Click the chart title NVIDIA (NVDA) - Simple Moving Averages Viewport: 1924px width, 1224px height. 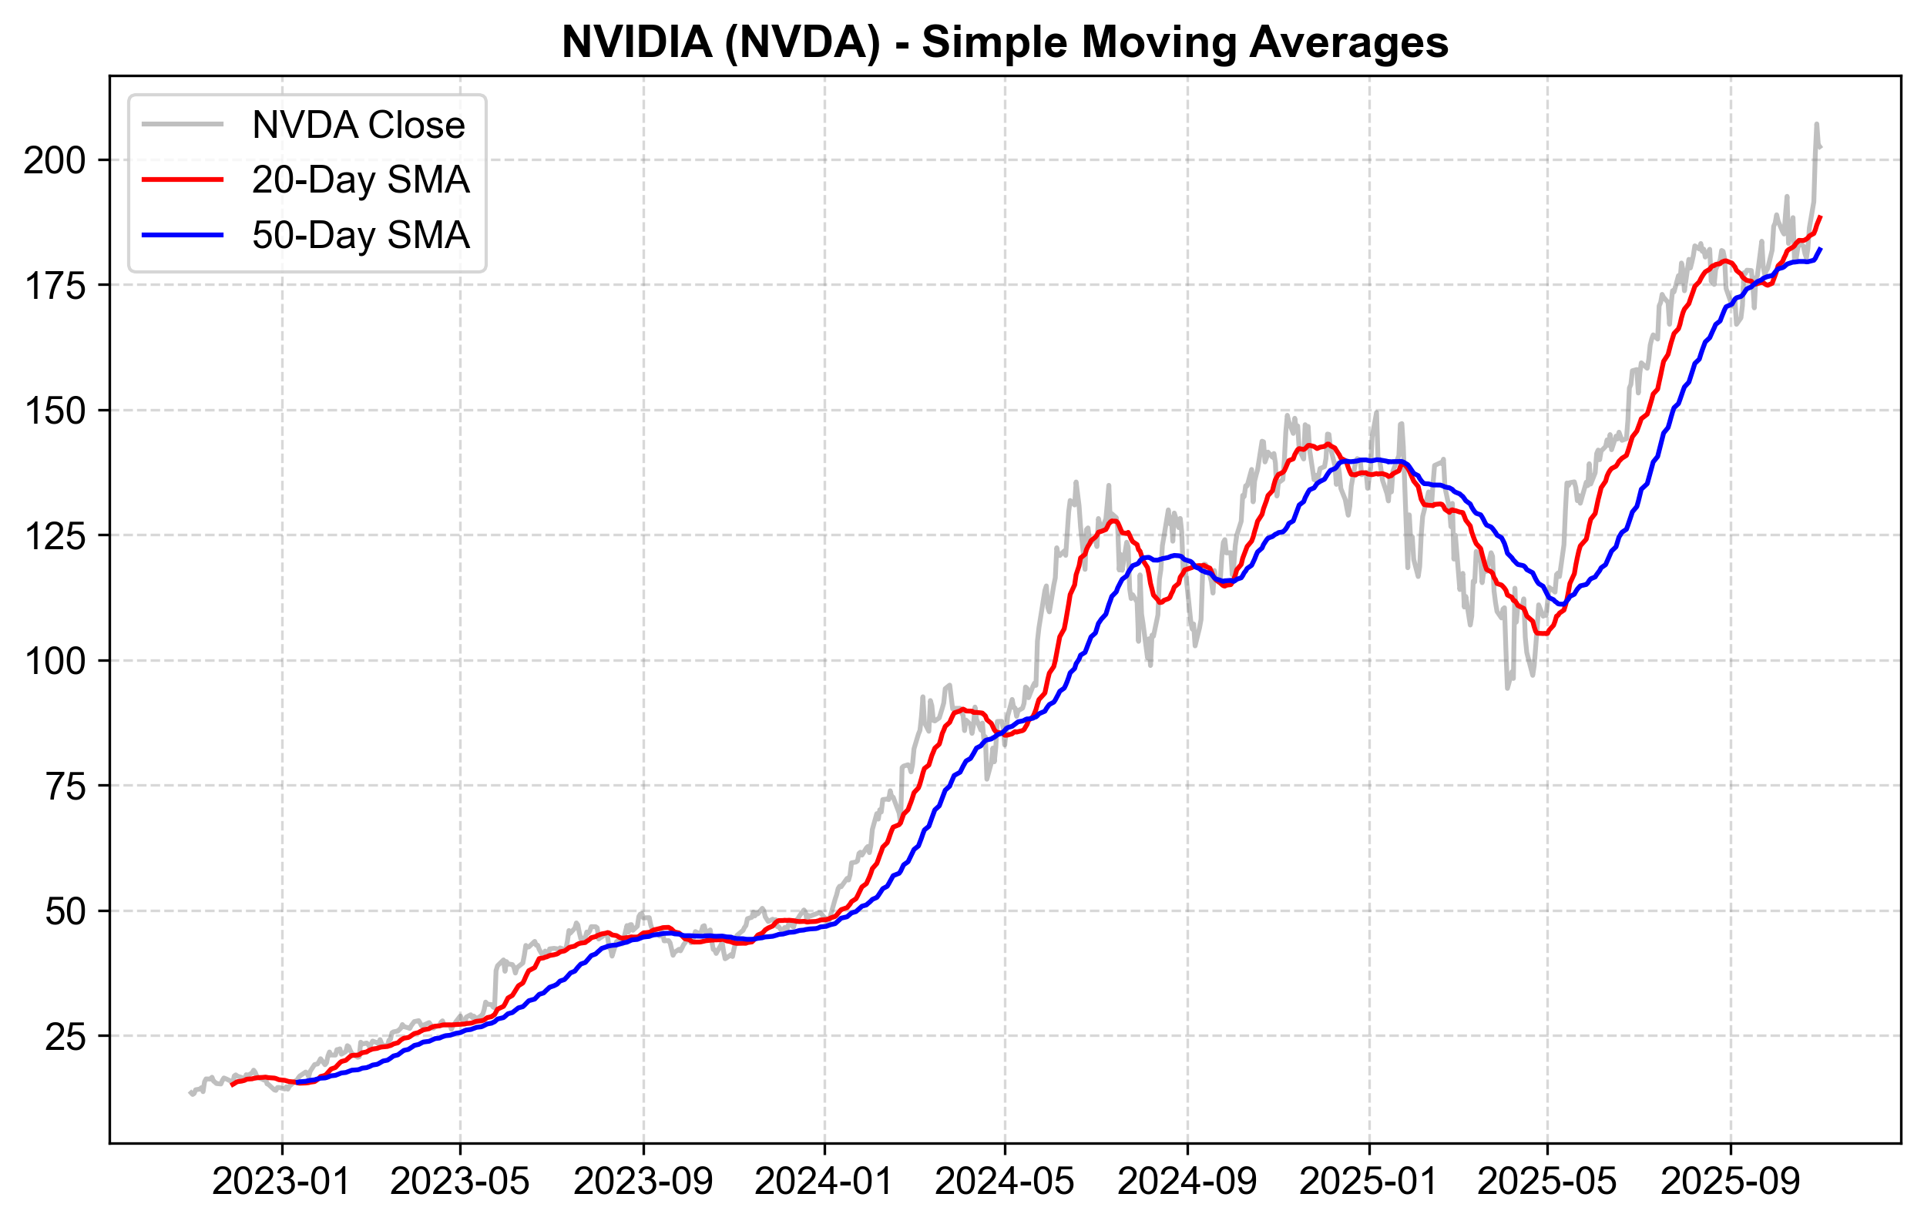pos(1004,42)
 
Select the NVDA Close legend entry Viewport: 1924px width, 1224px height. pos(358,126)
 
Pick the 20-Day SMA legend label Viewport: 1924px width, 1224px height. pos(361,179)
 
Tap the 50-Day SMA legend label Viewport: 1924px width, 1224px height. pos(361,235)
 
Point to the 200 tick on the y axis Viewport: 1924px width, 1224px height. pos(55,160)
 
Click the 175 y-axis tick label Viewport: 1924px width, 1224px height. pos(55,285)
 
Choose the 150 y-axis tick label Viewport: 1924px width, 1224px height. pos(55,411)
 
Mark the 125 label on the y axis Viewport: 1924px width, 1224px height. pos(55,536)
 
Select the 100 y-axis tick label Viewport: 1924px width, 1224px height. pos(55,661)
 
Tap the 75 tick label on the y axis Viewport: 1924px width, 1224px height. pos(65,786)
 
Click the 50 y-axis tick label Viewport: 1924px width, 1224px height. pos(65,910)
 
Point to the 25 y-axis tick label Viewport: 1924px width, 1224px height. pos(65,1036)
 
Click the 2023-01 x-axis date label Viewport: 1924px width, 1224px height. pos(281,1181)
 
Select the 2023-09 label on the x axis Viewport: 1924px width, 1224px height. pos(643,1181)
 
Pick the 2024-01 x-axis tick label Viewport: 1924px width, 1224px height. pos(824,1181)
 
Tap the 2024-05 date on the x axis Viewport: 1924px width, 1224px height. pos(1004,1181)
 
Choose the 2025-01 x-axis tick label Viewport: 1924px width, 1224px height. pos(1368,1181)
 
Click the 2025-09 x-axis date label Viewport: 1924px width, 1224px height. pos(1731,1181)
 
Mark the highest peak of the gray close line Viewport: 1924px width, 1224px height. pos(1816,124)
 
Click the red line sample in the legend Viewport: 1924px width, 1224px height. pos(182,179)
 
